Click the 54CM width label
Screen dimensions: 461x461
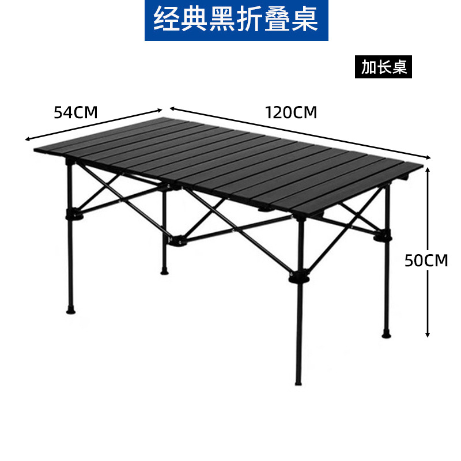75,112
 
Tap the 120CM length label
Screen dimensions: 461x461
291,112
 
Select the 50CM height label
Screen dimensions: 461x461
426,260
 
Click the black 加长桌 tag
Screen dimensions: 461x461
384,67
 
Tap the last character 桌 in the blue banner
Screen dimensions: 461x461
305,20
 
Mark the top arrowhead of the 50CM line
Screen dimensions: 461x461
428,169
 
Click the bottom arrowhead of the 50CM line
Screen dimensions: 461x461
428,334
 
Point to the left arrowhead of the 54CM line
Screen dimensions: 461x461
27,139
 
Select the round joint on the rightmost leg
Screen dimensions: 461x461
383,236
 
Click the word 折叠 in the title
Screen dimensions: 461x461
270,20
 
